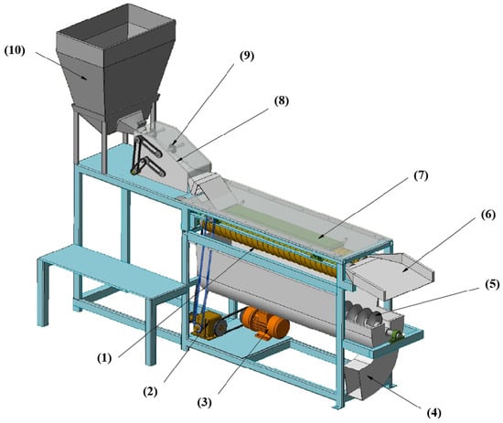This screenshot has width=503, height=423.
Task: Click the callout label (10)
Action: pyautogui.click(x=15, y=51)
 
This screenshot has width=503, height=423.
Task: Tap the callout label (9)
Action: pyautogui.click(x=247, y=56)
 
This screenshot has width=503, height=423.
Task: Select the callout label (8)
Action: pyautogui.click(x=282, y=100)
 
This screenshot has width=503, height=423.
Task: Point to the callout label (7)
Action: pyautogui.click(x=421, y=175)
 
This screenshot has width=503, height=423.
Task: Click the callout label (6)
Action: pyautogui.click(x=488, y=215)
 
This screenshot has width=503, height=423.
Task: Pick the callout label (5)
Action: pyautogui.click(x=492, y=284)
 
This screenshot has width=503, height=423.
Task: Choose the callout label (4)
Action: pyautogui.click(x=434, y=412)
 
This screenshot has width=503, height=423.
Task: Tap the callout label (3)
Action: pyautogui.click(x=204, y=403)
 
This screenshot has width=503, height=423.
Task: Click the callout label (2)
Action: pyautogui.click(x=150, y=391)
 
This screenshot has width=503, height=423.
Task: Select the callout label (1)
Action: pyautogui.click(x=104, y=358)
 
